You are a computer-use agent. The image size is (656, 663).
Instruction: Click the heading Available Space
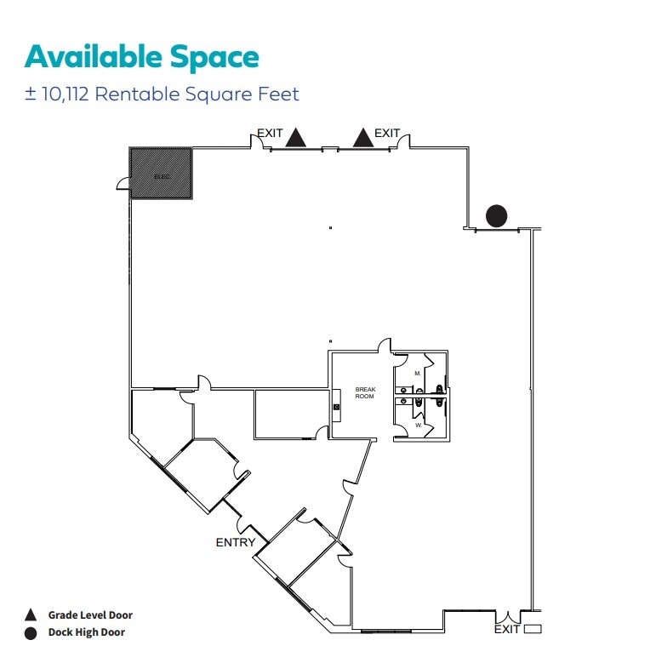click(141, 57)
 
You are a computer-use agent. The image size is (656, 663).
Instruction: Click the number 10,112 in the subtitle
click(65, 94)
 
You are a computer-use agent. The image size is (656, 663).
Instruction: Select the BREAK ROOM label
click(365, 392)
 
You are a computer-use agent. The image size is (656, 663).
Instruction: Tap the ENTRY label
click(236, 542)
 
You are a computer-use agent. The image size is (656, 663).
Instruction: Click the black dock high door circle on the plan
click(496, 216)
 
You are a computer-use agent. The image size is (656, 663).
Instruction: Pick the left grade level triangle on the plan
click(295, 138)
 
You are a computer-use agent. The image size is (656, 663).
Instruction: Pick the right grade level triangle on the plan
click(363, 138)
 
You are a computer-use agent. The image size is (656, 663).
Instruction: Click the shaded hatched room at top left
click(160, 174)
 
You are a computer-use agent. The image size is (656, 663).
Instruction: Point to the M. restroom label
click(418, 373)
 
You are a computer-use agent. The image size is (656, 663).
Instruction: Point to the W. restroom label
click(418, 423)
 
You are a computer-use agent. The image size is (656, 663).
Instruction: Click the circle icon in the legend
click(31, 633)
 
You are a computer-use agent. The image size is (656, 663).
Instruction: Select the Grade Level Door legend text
click(90, 615)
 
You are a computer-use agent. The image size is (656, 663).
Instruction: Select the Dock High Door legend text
click(87, 633)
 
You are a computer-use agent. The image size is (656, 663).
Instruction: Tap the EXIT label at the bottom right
click(506, 630)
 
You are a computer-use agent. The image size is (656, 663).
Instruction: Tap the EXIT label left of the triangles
click(270, 134)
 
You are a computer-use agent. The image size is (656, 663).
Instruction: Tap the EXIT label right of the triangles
click(387, 134)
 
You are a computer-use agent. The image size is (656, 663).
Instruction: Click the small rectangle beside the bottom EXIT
click(533, 630)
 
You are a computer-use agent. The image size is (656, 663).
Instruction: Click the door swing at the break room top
click(385, 346)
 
